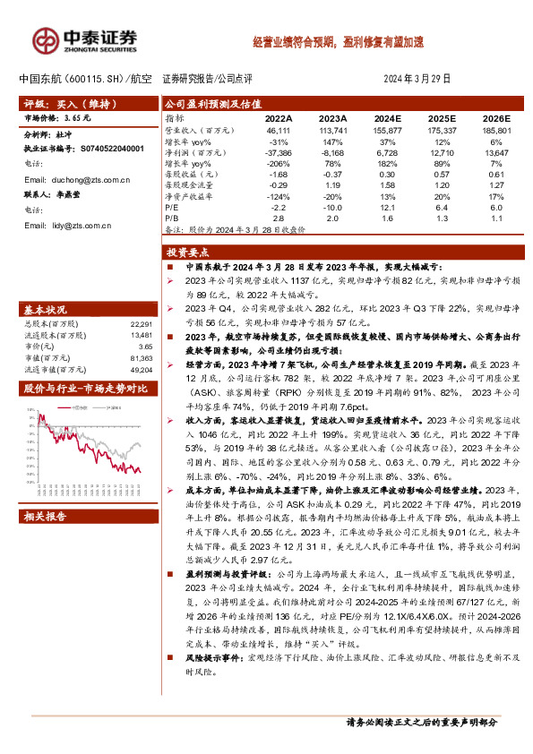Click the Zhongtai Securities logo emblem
(45, 39)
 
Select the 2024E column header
(388, 117)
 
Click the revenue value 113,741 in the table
(333, 130)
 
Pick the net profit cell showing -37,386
(278, 153)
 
